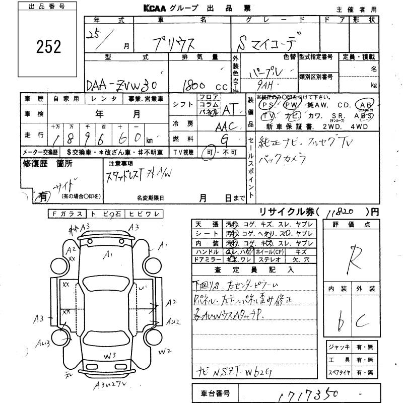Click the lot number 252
tap(49, 47)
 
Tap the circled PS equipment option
tap(264, 105)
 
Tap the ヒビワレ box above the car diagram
tap(144, 214)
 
